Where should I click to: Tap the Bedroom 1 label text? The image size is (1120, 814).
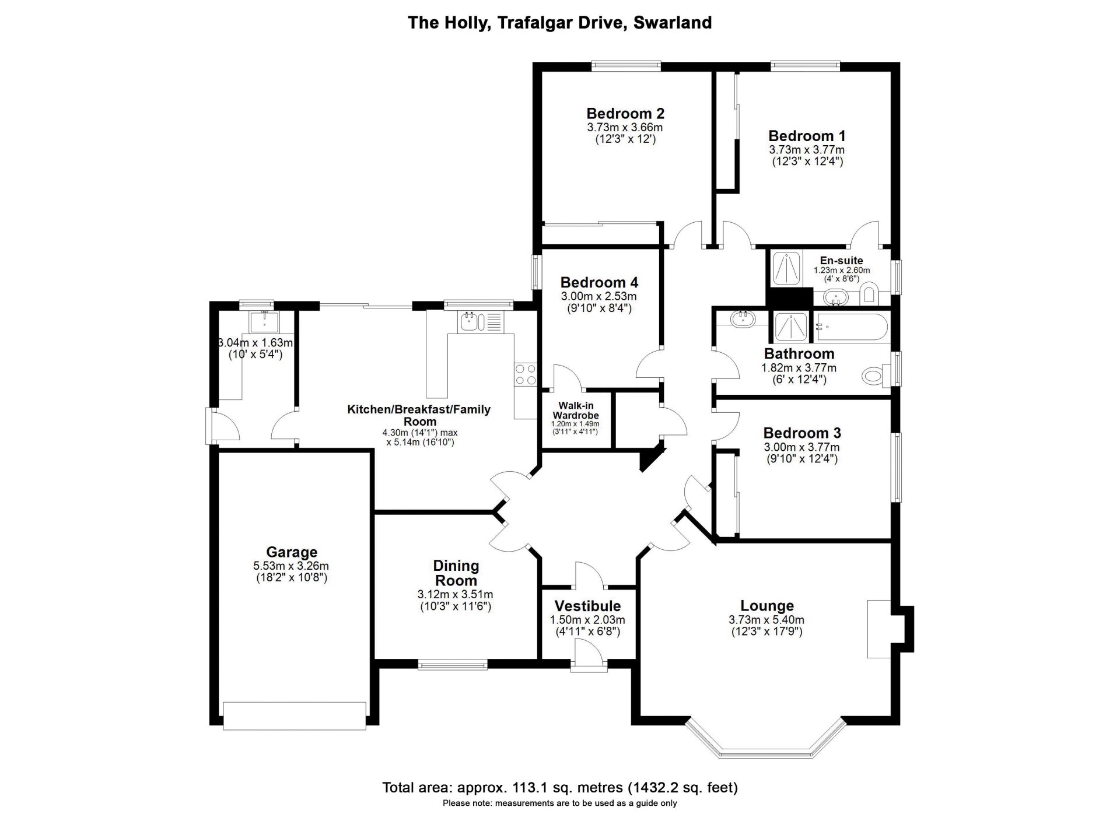tap(807, 136)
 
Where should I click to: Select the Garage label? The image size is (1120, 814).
tap(292, 552)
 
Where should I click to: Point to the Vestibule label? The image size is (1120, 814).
tap(587, 606)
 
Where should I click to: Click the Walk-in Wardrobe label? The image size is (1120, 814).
tap(576, 410)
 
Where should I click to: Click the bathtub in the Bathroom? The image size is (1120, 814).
tap(851, 327)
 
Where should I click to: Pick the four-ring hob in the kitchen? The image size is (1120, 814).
tap(526, 374)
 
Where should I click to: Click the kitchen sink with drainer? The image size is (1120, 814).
tap(481, 322)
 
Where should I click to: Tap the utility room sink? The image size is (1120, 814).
tap(264, 321)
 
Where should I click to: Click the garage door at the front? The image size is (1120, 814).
tap(295, 715)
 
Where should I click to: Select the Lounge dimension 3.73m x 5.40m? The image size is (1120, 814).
tap(766, 620)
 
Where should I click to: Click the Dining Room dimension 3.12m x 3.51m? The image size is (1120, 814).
tap(456, 595)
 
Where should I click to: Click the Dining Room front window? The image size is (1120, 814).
tap(453, 664)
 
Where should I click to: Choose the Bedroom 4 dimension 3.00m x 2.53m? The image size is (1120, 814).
tap(599, 297)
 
